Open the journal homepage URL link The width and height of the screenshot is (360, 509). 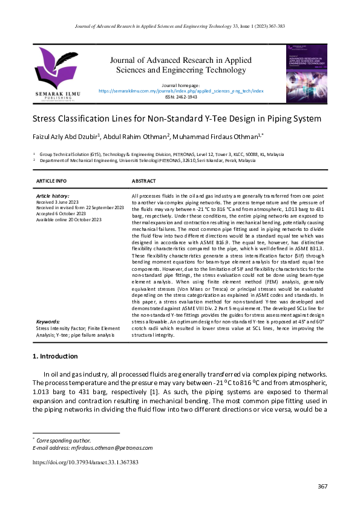181,91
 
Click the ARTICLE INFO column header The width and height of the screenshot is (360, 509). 51,181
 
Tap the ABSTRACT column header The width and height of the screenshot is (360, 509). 144,181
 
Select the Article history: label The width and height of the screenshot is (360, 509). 53,196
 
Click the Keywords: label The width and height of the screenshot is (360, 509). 48,322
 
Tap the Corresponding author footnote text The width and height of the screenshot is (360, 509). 64,440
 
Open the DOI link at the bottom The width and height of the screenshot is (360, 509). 85,462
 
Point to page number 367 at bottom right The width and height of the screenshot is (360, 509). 322,487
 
